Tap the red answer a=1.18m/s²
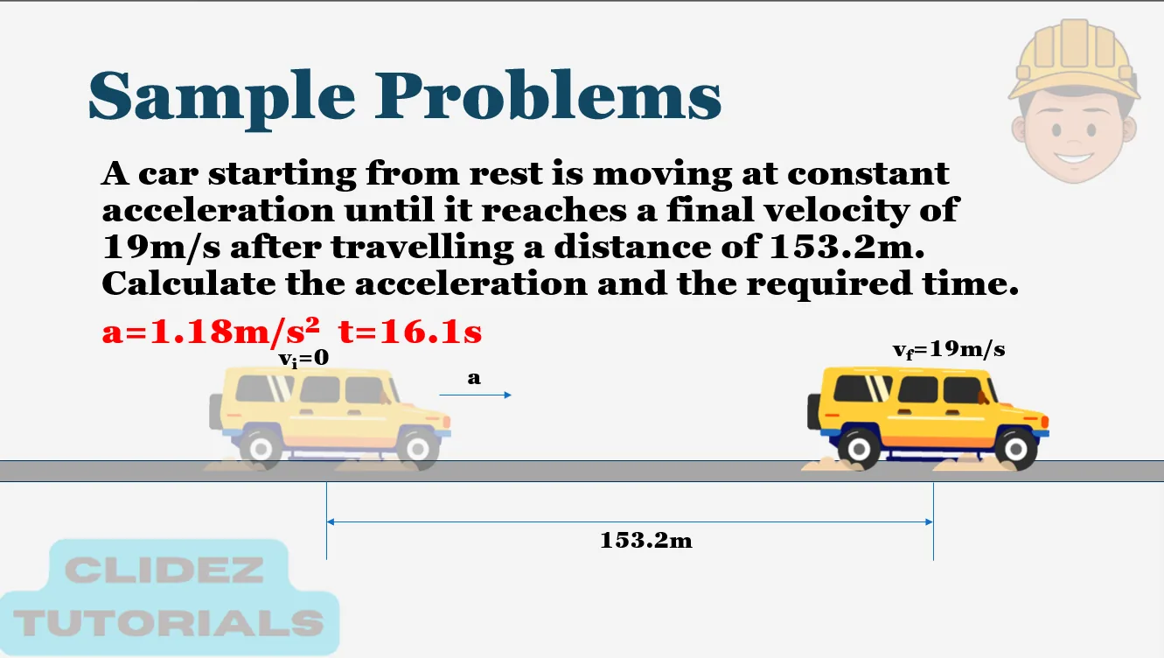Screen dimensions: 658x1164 click(x=211, y=332)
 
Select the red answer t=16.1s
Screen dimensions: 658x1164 click(x=410, y=332)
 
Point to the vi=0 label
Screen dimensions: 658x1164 click(x=303, y=358)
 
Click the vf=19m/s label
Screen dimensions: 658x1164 click(x=948, y=350)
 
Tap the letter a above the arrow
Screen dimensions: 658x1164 click(x=474, y=378)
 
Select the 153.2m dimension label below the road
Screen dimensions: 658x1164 click(x=645, y=541)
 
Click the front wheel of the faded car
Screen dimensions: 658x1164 click(x=417, y=449)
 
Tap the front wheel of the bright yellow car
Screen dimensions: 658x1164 click(x=1015, y=450)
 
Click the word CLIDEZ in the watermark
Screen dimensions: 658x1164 click(x=164, y=571)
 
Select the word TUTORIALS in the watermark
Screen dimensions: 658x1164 click(x=170, y=623)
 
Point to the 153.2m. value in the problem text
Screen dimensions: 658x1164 click(x=846, y=248)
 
